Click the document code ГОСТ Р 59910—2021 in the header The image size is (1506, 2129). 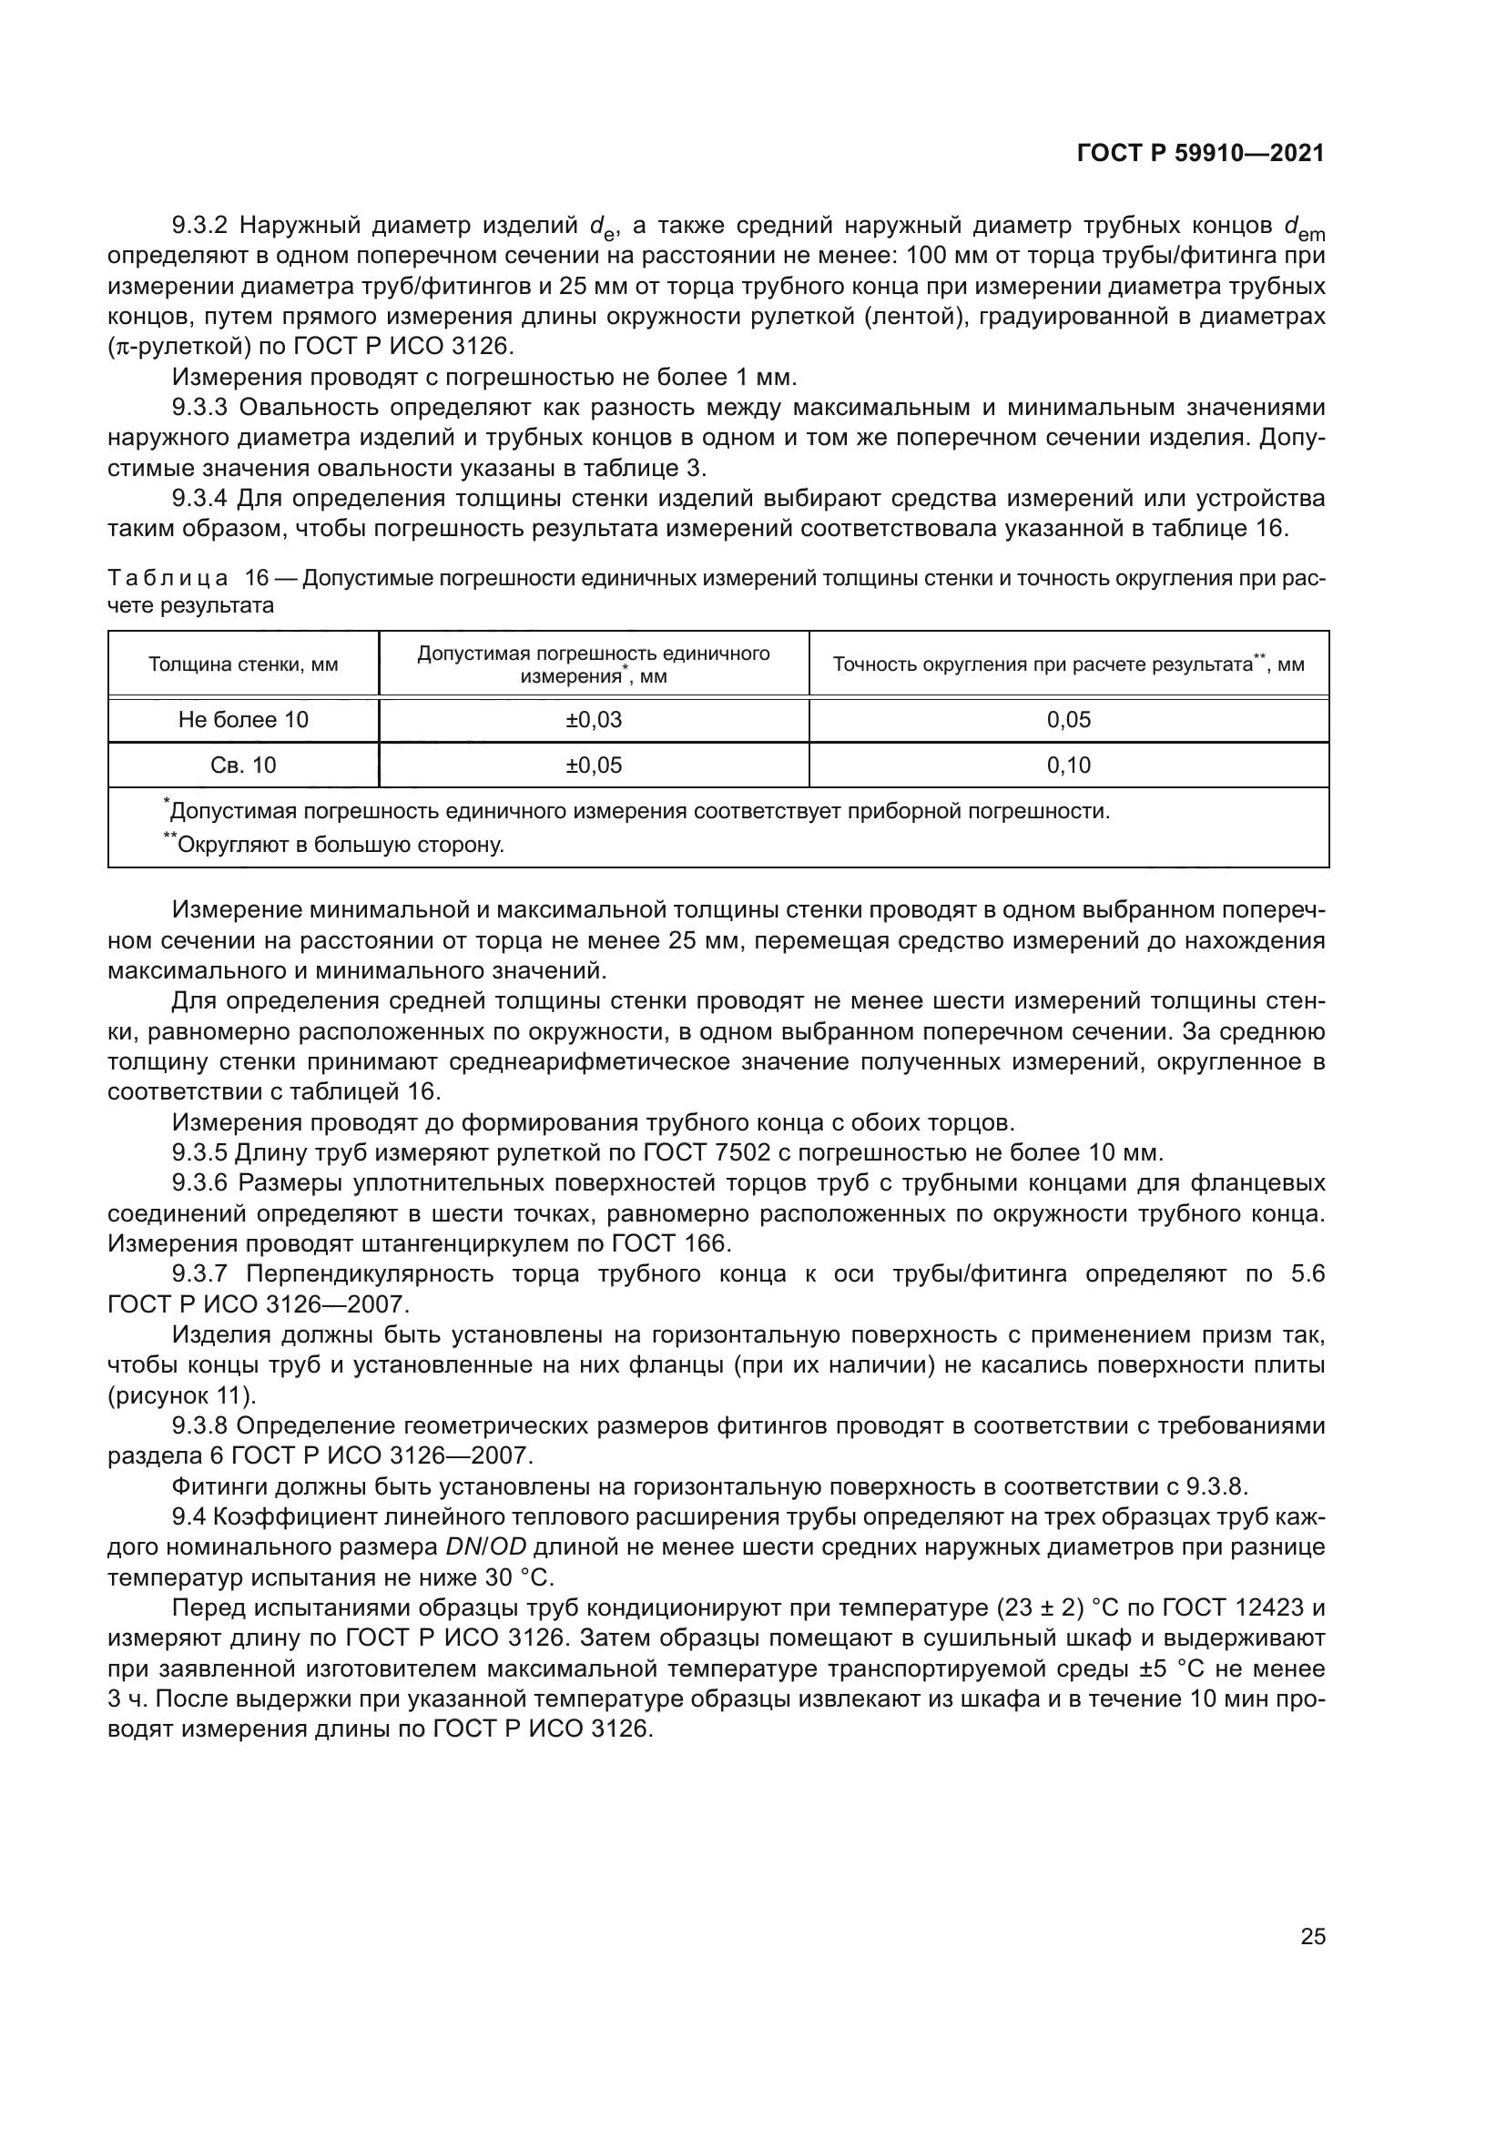[1200, 154]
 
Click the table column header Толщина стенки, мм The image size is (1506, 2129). [243, 664]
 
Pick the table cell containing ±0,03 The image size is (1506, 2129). [594, 720]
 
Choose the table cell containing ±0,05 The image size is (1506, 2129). [594, 765]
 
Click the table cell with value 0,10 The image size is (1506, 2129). [1068, 765]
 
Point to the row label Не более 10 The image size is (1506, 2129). [243, 720]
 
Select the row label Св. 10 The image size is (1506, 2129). [243, 765]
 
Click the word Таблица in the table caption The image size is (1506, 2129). [168, 579]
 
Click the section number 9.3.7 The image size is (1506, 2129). [201, 1274]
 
